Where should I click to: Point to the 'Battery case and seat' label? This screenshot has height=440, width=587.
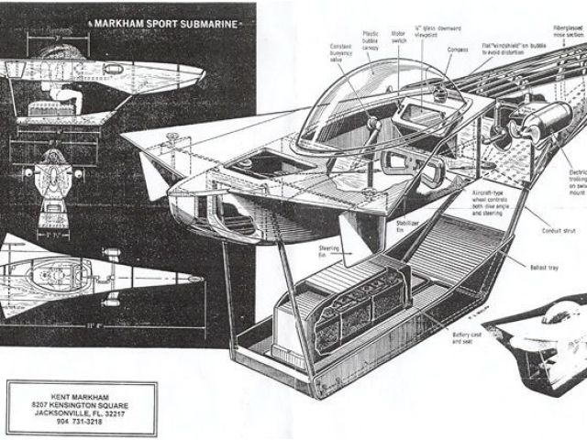tap(465, 341)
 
